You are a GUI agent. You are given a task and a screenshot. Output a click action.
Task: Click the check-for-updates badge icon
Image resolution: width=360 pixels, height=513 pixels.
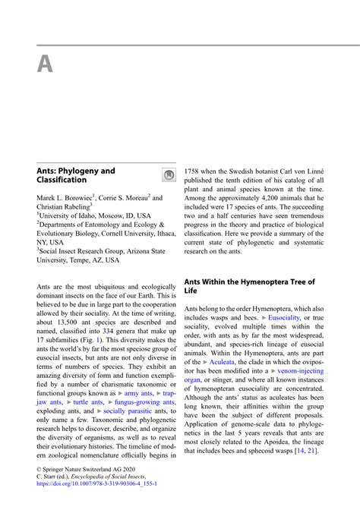167,175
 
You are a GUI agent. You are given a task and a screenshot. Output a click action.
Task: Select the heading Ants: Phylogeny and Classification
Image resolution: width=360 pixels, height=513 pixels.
77,175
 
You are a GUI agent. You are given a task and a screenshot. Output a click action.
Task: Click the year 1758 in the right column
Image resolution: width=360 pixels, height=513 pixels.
192,172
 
